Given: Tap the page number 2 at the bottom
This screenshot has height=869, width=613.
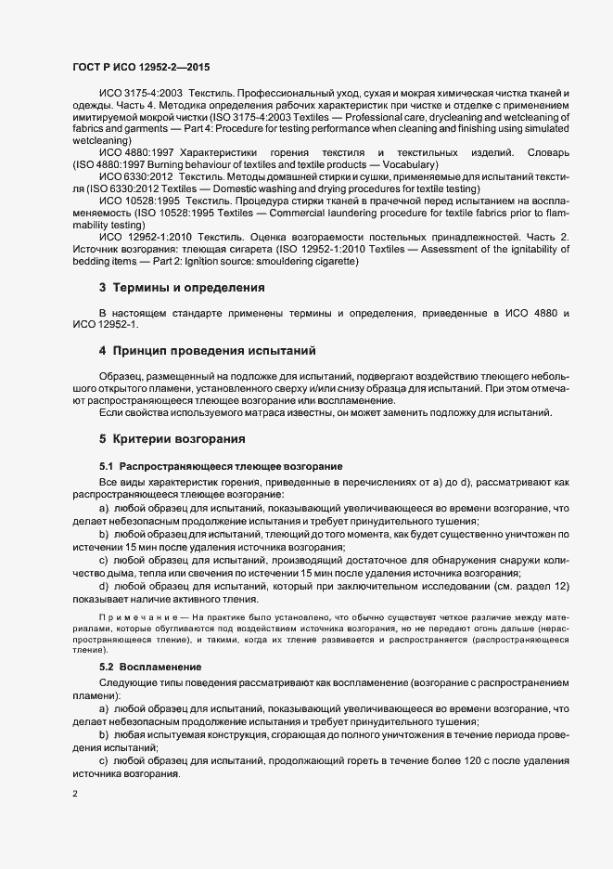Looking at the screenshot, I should point(75,794).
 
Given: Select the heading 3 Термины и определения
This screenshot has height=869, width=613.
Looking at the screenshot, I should point(182,288).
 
